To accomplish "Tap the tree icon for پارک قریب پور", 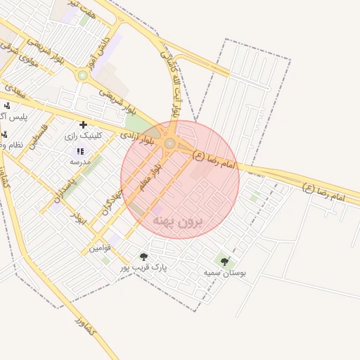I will coord(143,257).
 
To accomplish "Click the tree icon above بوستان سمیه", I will coord(224,262).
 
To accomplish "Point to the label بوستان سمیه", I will coord(225,272).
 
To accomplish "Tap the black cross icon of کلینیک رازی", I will coord(83,124).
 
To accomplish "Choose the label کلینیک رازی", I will coord(83,135).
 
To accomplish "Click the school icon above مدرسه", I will coord(80,150).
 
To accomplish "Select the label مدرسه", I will coord(80,161).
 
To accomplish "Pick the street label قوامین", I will coord(98,248).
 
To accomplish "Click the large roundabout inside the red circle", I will coord(169,143).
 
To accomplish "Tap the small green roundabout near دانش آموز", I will coord(83,75).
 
